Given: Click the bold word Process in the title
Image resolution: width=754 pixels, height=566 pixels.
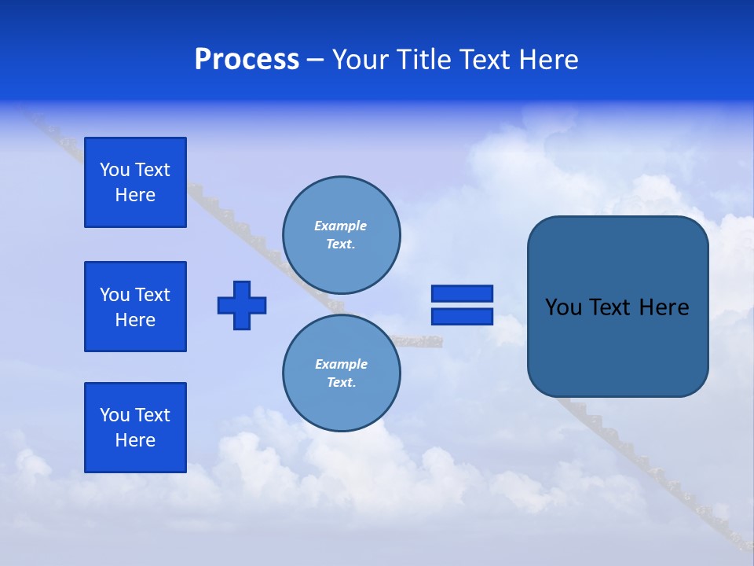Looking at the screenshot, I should click(247, 60).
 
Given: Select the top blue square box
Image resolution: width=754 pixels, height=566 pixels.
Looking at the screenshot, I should click(135, 182).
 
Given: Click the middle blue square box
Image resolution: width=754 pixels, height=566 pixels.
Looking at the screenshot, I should click(135, 307).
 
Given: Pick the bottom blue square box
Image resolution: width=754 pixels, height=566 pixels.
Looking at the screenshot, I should click(135, 428).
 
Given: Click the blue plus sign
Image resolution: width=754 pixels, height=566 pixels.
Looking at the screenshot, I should click(242, 305).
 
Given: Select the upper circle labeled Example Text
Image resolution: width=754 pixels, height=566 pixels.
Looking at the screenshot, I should click(342, 235).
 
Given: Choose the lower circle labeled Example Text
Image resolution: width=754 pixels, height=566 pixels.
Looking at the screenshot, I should click(342, 373).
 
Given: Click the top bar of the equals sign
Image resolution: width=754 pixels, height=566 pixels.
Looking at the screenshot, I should click(462, 294).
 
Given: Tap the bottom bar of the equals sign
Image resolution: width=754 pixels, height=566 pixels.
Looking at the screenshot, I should click(462, 316).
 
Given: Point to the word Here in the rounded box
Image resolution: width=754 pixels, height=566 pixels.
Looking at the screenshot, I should click(664, 307).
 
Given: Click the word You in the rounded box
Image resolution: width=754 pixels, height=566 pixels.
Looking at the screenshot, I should click(564, 307).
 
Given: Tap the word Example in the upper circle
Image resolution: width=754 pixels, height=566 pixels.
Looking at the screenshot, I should click(341, 226).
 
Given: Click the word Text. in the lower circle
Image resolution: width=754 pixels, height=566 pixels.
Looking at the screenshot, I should click(342, 383).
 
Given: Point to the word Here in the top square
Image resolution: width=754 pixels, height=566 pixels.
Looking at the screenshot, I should click(135, 195).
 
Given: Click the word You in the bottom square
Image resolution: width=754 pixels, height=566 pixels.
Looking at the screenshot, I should click(115, 415).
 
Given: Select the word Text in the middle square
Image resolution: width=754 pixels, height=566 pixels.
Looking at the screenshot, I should click(152, 295).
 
